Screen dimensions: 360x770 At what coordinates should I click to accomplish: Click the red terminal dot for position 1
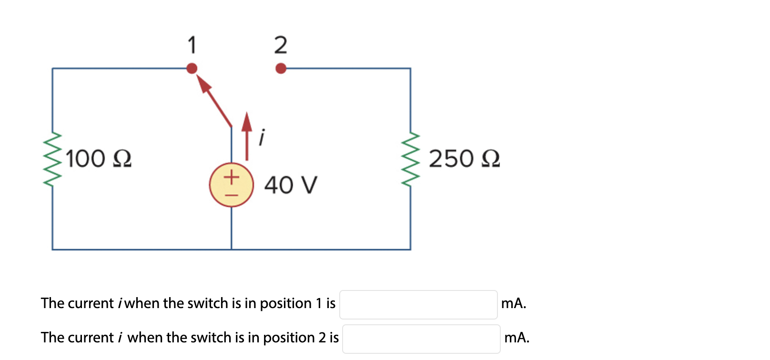(192, 69)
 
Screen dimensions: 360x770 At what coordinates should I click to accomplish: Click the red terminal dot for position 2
(281, 69)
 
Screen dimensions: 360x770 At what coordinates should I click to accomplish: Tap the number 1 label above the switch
(192, 45)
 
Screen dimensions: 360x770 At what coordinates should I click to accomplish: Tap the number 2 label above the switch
(281, 45)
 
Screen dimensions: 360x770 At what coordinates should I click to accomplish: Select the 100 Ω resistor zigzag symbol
(52, 159)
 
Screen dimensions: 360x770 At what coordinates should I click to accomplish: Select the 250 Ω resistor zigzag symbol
(411, 159)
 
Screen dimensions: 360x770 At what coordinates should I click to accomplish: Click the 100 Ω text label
(99, 159)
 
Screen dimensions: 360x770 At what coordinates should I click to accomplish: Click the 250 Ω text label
(464, 159)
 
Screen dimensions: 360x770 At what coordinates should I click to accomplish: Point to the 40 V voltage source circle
(232, 185)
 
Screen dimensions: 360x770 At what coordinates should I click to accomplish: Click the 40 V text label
(291, 185)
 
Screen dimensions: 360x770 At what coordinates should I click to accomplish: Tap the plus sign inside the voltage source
(232, 177)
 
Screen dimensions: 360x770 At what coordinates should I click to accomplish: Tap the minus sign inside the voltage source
(232, 195)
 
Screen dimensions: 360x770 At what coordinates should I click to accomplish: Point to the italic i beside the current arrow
(261, 137)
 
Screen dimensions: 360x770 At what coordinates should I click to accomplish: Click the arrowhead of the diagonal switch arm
(204, 85)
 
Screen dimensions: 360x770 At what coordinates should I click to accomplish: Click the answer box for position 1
(418, 305)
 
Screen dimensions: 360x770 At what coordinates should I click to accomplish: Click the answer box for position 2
(421, 339)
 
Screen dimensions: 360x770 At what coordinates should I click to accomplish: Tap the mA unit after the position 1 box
(514, 303)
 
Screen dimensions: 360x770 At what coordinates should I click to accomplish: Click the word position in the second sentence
(289, 338)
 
